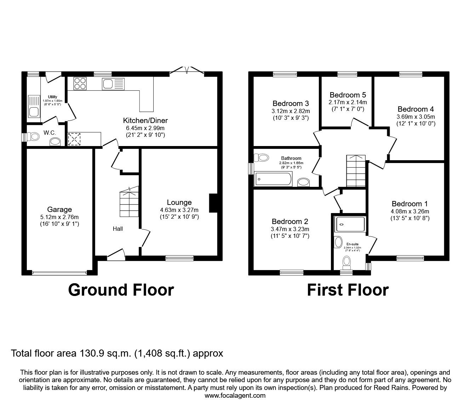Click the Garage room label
pyautogui.click(x=59, y=209)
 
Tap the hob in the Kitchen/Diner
pyautogui.click(x=80, y=84)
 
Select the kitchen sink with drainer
pyautogui.click(x=114, y=84)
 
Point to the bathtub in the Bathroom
pyautogui.click(x=273, y=179)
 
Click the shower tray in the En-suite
pyautogui.click(x=350, y=224)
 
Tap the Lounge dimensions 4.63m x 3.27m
pyautogui.click(x=179, y=210)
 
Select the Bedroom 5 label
pyautogui.click(x=348, y=95)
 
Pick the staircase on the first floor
pyautogui.click(x=356, y=170)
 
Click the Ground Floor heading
pyautogui.click(x=121, y=290)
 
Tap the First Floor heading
pyautogui.click(x=348, y=290)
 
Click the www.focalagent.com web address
pyautogui.click(x=235, y=396)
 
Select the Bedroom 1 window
pyautogui.click(x=410, y=258)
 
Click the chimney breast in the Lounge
pyautogui.click(x=213, y=203)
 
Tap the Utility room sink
pyautogui.click(x=34, y=112)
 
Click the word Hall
pyautogui.click(x=118, y=229)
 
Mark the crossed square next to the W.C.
pyautogui.click(x=74, y=139)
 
